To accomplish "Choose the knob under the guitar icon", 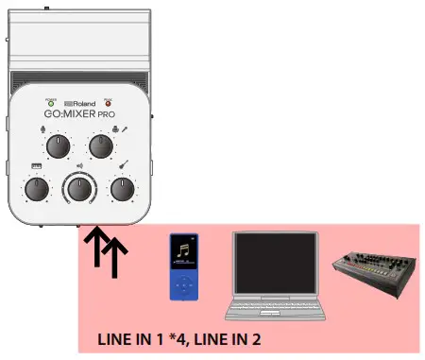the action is click(122, 189).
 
